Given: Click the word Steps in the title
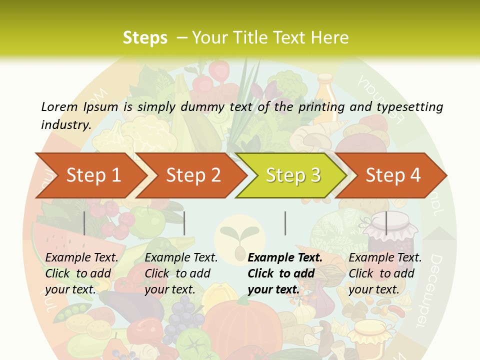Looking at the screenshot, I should [145, 38].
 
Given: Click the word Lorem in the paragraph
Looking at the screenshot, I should [59, 106].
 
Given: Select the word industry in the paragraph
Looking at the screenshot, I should [65, 124].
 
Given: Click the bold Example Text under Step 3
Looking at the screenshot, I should [285, 258].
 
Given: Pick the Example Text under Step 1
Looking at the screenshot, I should [81, 258].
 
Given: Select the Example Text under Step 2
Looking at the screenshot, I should [181, 258].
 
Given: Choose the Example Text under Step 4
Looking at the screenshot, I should [385, 258].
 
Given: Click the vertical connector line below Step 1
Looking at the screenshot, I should [84, 223].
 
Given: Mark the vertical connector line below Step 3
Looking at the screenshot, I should [285, 223].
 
